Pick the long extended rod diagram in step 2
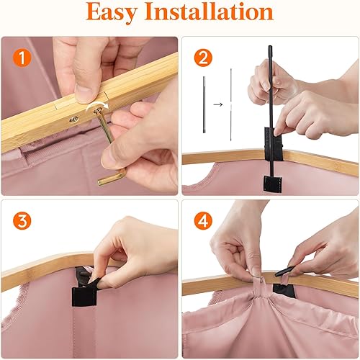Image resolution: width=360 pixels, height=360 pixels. tap(230, 104)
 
